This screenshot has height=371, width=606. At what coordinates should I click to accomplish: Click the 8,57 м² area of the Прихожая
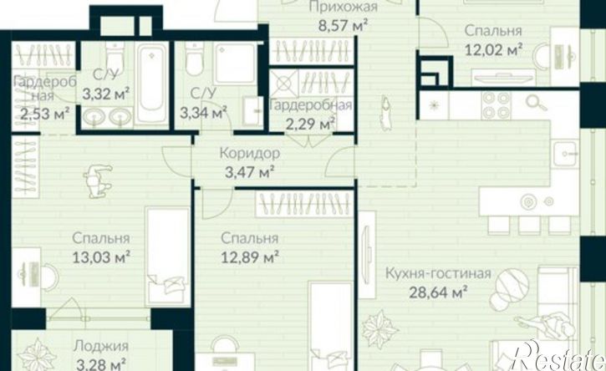point(343,26)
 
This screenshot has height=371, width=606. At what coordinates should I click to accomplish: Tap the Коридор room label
point(250,154)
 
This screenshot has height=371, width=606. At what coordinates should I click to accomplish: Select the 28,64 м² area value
point(438,292)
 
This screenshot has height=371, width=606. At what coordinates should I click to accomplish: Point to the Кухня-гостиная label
point(438,273)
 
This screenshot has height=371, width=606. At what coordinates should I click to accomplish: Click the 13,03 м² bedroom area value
point(101,257)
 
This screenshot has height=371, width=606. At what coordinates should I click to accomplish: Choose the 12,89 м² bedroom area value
point(250,257)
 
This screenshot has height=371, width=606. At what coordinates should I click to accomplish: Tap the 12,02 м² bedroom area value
point(493,49)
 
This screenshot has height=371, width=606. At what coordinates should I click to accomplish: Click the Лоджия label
point(101,346)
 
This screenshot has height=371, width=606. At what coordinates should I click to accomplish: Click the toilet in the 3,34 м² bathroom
point(194,59)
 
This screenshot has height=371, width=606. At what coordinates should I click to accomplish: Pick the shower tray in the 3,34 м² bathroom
point(235,63)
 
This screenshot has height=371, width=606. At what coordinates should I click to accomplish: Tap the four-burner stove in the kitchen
point(497,104)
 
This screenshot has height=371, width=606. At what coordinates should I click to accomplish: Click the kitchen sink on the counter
point(566,154)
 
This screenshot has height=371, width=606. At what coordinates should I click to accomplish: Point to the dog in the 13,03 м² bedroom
point(97,180)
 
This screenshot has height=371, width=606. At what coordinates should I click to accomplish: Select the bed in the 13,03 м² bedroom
point(168,256)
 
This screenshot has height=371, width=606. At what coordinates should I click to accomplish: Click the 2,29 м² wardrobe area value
point(310,124)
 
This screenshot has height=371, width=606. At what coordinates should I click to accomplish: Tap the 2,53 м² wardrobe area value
point(45,114)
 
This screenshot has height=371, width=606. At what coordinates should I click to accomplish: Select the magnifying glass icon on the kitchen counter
point(536,103)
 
